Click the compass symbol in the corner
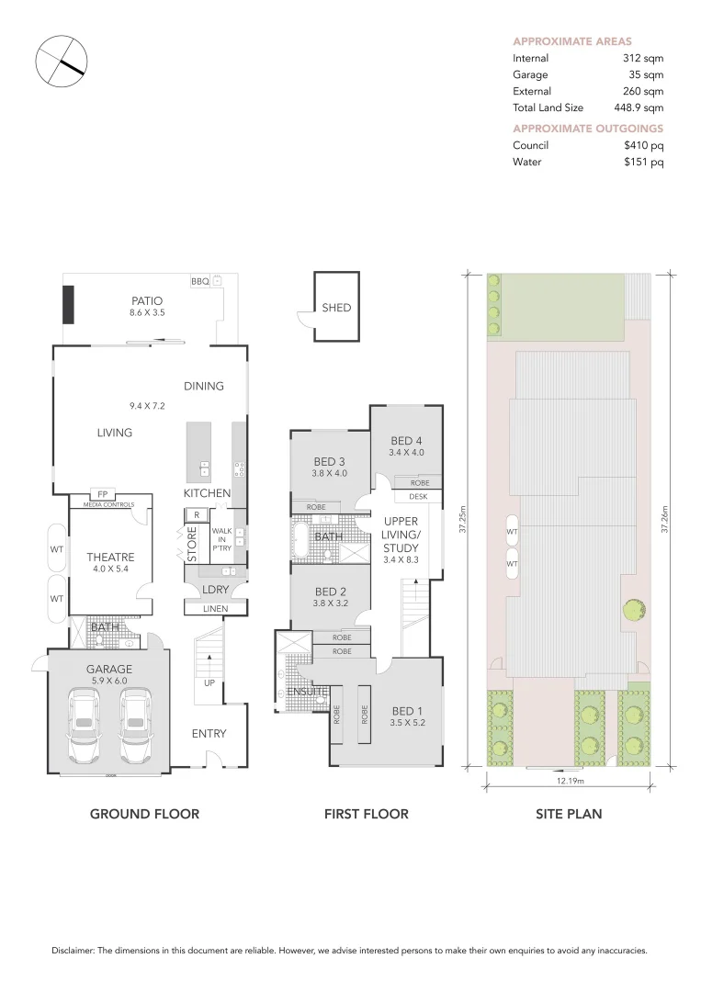point(61,62)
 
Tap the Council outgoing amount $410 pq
point(643,145)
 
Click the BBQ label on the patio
point(199,281)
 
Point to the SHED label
point(336,308)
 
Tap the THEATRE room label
point(110,558)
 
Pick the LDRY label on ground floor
point(215,589)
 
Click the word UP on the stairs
point(209,683)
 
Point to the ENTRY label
point(209,733)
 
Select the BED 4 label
point(406,440)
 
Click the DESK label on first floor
point(419,497)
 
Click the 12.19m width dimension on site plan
point(570,781)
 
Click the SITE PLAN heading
point(569,814)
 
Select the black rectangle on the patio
point(68,304)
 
